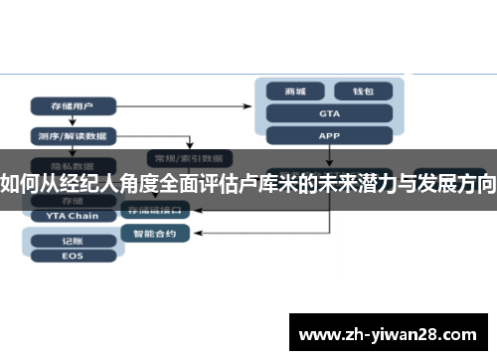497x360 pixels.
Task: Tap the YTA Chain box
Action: (73, 215)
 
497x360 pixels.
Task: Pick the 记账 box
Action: (73, 241)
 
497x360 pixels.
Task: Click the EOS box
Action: (73, 256)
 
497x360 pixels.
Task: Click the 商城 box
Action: (296, 90)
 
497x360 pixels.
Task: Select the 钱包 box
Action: (361, 90)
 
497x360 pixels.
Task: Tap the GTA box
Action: (329, 113)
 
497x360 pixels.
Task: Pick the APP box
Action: (329, 135)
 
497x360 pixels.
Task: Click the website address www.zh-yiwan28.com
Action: (388, 332)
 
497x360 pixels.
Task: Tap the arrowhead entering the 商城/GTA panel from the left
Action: (252, 103)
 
